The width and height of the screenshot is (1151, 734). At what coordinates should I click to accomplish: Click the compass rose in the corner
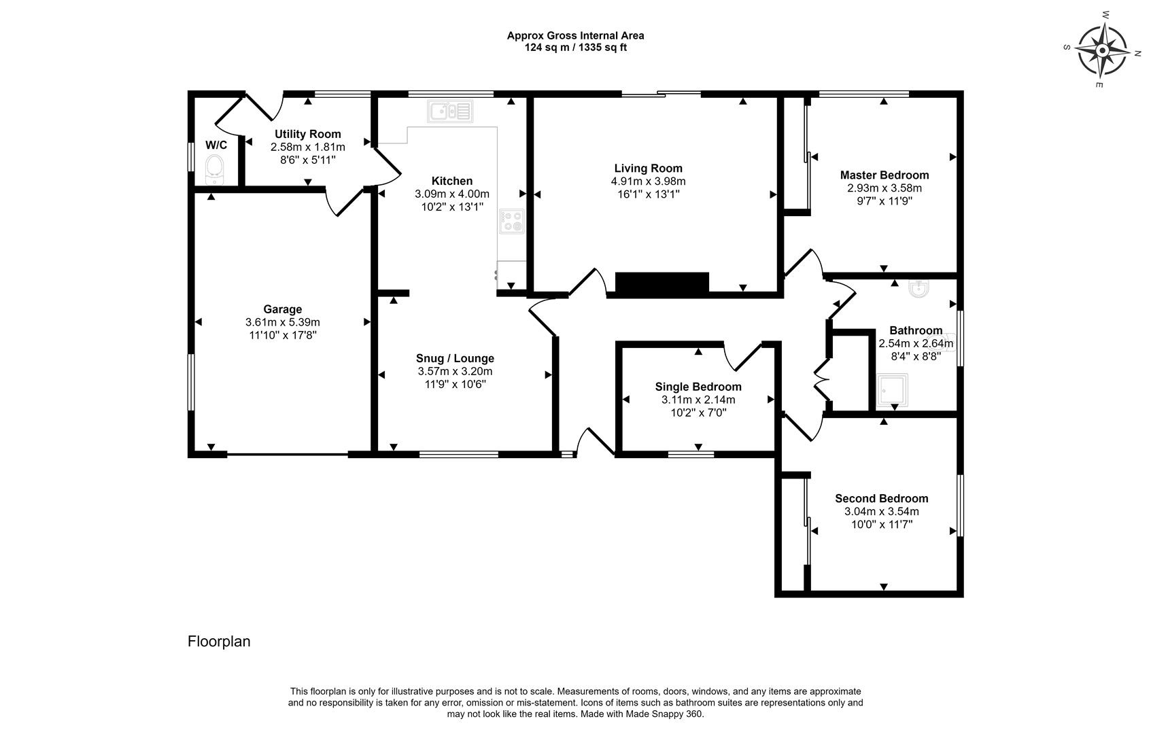point(1102,51)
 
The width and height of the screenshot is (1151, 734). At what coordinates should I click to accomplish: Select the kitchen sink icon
point(449,111)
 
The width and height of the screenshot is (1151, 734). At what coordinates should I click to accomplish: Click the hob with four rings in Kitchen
point(511,221)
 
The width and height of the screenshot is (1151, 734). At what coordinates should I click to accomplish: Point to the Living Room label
point(648,169)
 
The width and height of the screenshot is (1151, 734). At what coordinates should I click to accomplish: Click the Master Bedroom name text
point(884,175)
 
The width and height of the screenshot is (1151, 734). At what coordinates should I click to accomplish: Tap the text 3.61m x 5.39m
point(282,322)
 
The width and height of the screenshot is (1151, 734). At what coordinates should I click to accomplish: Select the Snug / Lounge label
point(455,358)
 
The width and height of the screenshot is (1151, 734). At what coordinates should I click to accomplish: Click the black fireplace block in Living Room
point(662,282)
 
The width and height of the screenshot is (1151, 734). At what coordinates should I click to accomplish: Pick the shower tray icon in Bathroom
point(891,389)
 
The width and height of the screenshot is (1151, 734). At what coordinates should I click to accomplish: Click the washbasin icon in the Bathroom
point(919,290)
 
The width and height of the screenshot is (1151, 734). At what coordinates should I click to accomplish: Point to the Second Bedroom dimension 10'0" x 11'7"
point(881,524)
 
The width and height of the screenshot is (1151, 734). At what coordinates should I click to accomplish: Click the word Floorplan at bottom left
point(219,642)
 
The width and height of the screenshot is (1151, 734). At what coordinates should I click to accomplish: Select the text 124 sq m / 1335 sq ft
point(575,48)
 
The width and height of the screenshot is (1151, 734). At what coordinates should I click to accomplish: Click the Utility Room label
point(307,135)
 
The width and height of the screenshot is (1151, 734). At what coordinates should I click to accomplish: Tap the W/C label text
point(216,145)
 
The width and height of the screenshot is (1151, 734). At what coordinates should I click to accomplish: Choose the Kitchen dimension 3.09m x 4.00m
point(451,194)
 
